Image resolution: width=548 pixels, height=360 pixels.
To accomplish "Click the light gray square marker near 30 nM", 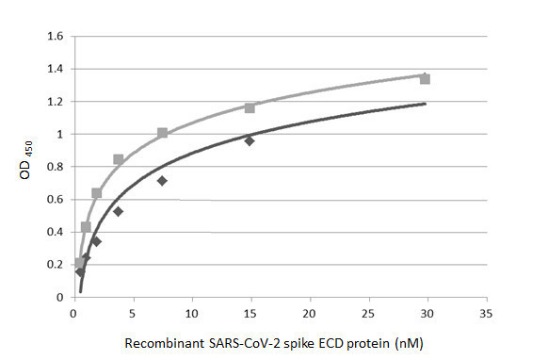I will coord(425,79).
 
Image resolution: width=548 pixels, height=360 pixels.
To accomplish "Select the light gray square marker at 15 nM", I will coord(250,108).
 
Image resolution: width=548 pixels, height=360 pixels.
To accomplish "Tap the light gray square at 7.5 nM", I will coord(162,133).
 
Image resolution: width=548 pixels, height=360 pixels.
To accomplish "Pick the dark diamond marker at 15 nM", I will coord(250,140).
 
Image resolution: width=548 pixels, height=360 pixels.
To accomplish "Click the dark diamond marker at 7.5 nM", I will coord(162,180).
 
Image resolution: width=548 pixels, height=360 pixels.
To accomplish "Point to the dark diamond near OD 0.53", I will coord(118,211).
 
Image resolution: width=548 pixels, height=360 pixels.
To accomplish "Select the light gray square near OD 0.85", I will coord(118,159).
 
